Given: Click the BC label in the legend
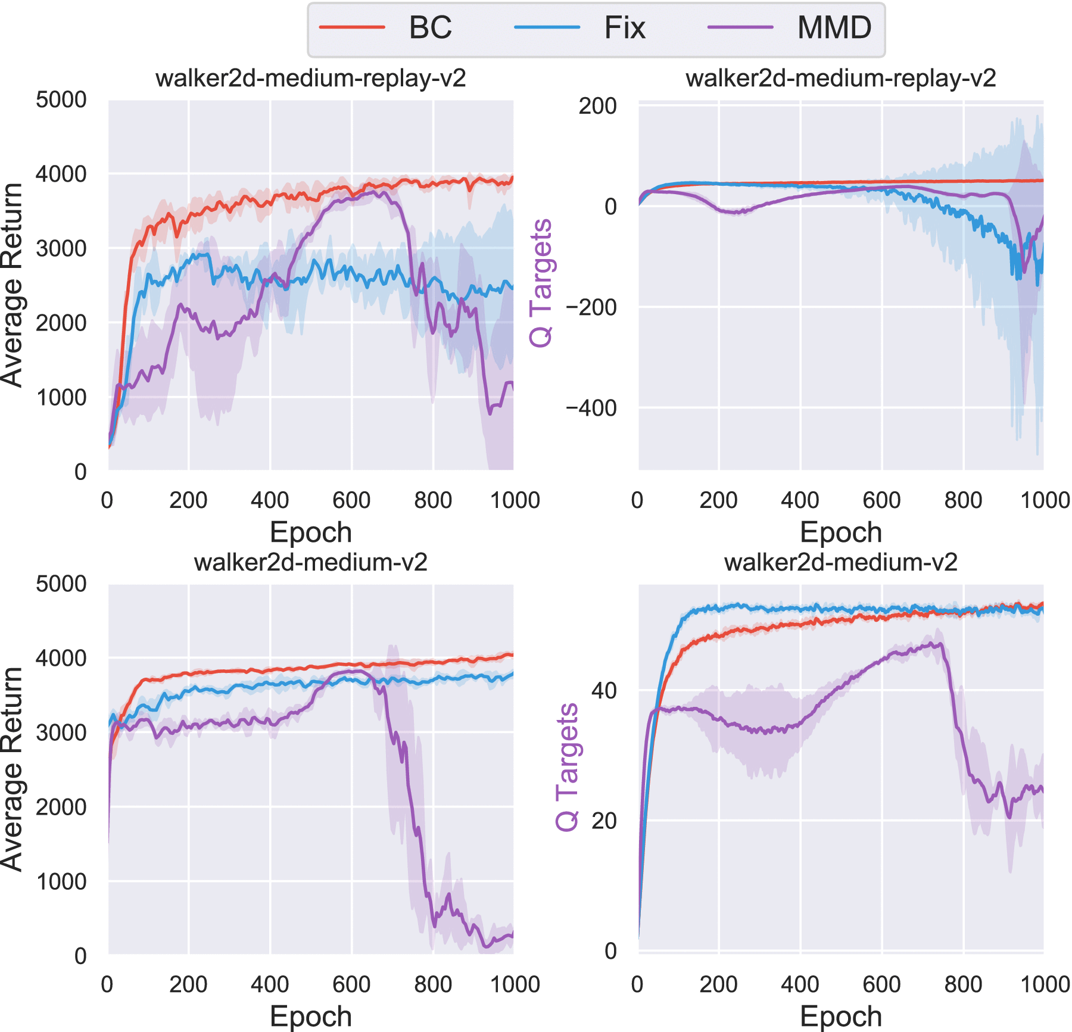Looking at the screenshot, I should (x=430, y=28).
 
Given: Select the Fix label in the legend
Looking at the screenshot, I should (x=625, y=28).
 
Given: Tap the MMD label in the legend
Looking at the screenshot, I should (x=834, y=28).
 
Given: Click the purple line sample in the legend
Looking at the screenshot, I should (x=740, y=27).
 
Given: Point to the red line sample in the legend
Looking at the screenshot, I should (x=352, y=27).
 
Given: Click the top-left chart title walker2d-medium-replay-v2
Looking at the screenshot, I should (x=310, y=79).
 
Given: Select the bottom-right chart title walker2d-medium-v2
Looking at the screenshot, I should (x=840, y=563).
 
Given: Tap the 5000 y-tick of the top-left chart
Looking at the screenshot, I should (x=61, y=100).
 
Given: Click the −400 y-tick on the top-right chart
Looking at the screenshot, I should (x=591, y=409).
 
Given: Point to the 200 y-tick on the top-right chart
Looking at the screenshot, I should (x=597, y=107).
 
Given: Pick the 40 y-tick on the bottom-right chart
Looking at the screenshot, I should (x=603, y=691).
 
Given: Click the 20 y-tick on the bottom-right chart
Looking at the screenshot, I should (x=603, y=821).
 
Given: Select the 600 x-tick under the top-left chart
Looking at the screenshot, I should (x=351, y=500).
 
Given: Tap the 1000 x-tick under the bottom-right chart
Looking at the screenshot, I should (x=1045, y=984).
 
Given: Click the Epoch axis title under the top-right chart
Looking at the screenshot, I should (x=840, y=532).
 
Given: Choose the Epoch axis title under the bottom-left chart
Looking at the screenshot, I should (x=310, y=1017).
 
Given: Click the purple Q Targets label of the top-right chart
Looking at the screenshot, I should (x=541, y=283).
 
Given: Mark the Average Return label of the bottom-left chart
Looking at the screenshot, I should (x=12, y=769).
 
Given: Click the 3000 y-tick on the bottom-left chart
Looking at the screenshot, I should (x=61, y=732).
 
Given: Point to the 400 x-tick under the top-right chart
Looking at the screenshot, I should (x=800, y=500).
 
